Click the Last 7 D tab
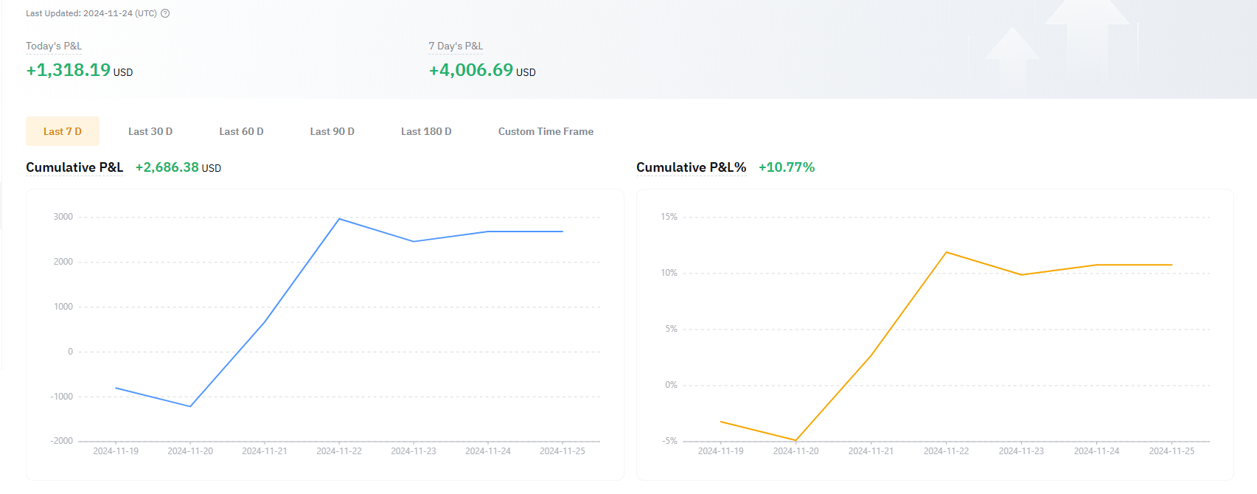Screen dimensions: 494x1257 [63, 131]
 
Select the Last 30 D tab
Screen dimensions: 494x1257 [150, 131]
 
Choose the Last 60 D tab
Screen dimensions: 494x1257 [241, 131]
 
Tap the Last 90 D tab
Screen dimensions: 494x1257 [332, 131]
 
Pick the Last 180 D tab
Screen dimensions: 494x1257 [426, 131]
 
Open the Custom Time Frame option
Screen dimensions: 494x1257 [546, 131]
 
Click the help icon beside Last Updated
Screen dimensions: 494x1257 [165, 13]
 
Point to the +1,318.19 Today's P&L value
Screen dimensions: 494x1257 [69, 70]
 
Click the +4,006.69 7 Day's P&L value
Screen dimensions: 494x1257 [471, 70]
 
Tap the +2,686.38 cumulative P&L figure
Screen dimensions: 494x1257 [167, 167]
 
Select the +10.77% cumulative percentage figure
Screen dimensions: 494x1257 [787, 167]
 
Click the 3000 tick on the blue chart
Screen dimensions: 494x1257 [63, 217]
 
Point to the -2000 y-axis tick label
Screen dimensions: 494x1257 [62, 441]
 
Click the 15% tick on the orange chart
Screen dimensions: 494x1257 [669, 217]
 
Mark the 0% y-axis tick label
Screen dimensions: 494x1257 [671, 385]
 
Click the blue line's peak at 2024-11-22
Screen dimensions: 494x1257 [339, 219]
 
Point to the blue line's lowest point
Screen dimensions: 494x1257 [190, 406]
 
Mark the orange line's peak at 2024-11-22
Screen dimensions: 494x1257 [947, 252]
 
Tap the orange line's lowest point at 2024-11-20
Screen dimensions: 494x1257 [796, 440]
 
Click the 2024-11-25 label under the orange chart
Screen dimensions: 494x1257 [1171, 451]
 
